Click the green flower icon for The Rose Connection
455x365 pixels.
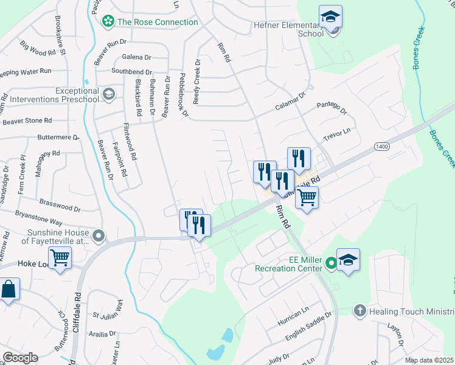(x=108, y=22)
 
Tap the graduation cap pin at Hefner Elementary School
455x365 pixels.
(x=330, y=18)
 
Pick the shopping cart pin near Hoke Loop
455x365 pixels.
(x=60, y=258)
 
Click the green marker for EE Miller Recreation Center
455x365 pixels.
(x=331, y=263)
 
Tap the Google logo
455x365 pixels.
(x=20, y=358)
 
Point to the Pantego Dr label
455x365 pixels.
(x=332, y=109)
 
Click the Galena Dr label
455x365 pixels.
(x=136, y=57)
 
